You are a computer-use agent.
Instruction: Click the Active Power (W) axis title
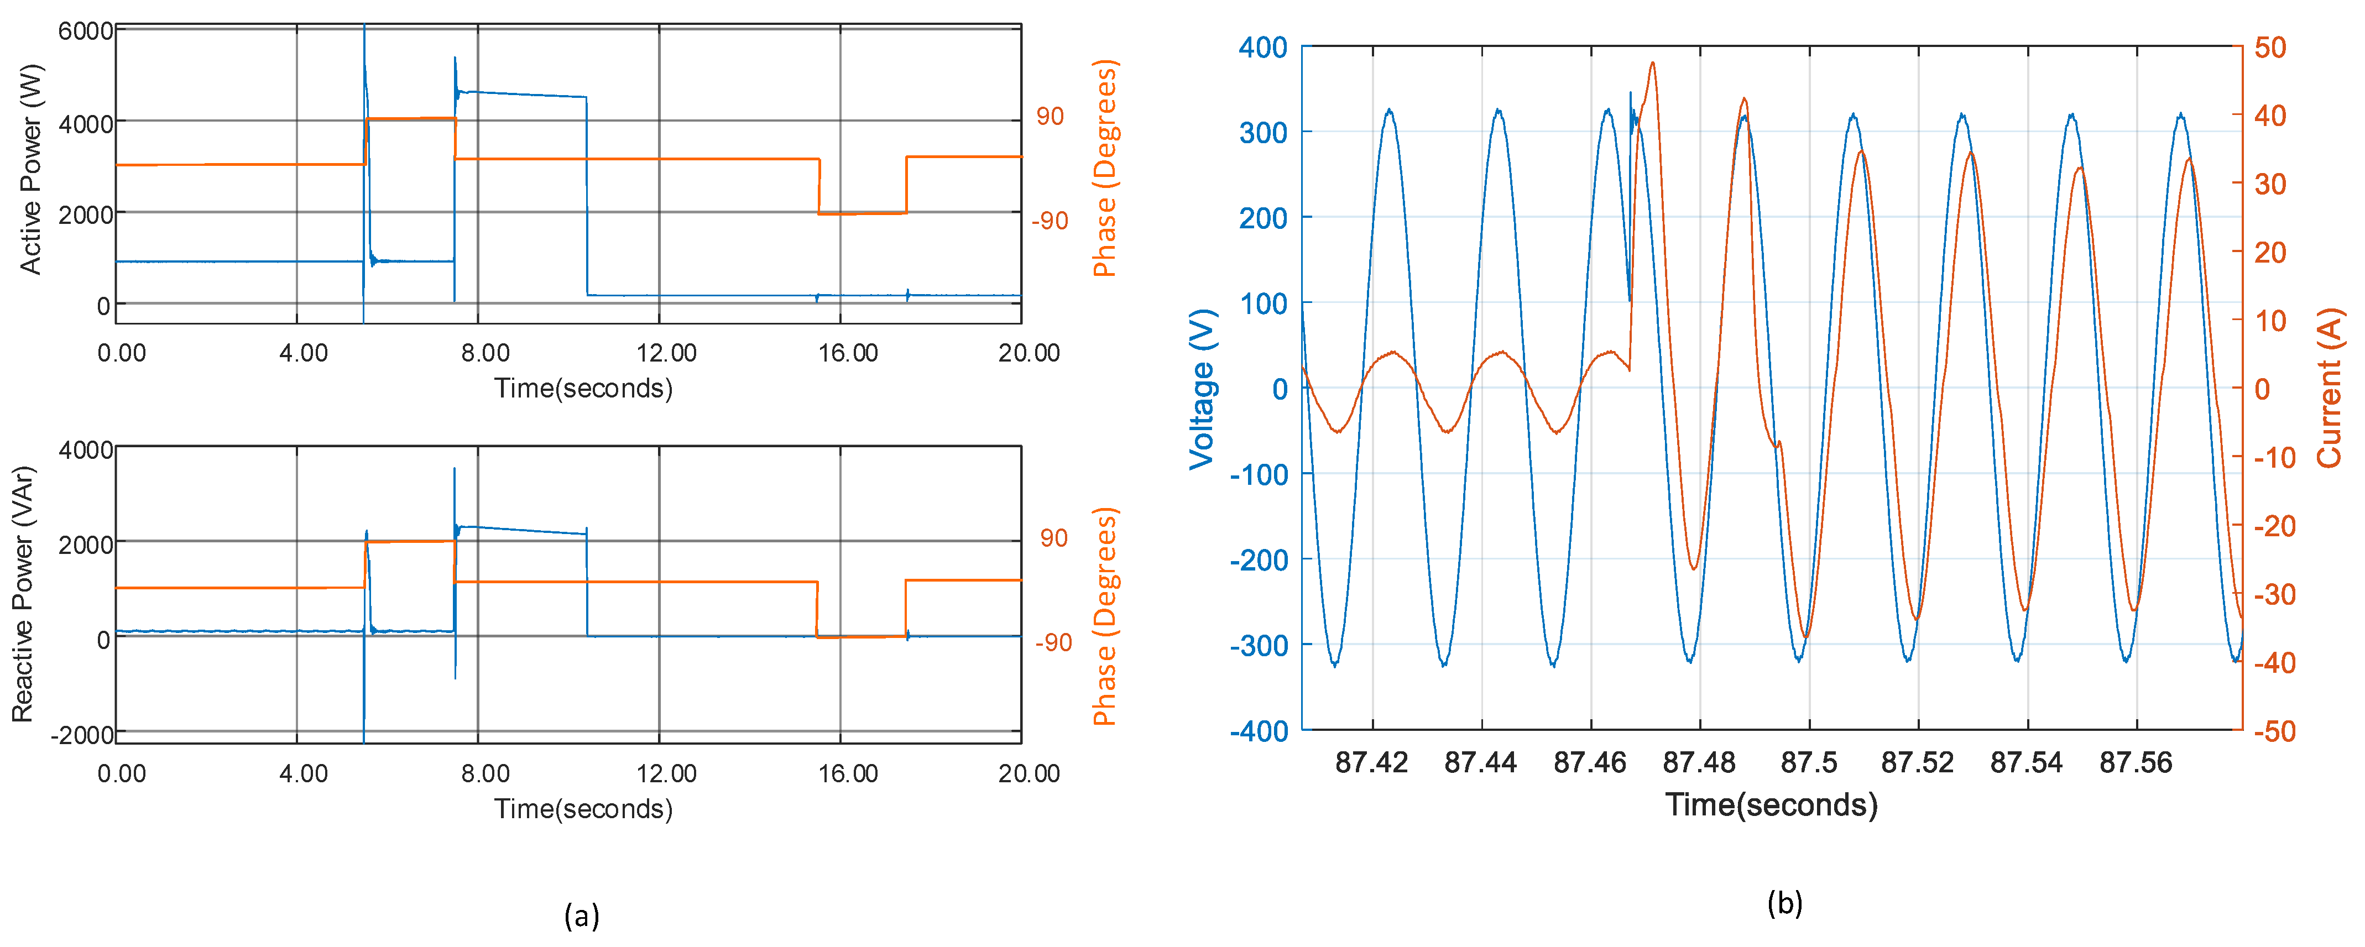pos(30,169)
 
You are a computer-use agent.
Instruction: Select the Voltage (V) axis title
pos(1202,389)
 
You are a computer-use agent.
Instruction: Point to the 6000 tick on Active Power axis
pos(85,31)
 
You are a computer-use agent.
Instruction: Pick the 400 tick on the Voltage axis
pos(1264,47)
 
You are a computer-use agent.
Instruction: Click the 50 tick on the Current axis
pos(2270,47)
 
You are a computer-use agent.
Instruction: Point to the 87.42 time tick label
pos(1372,762)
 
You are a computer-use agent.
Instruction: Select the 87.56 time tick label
pos(2137,762)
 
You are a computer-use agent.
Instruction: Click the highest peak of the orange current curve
pos(1653,62)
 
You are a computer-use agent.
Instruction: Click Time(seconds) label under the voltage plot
pos(1772,805)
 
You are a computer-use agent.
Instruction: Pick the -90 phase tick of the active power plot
pos(1050,221)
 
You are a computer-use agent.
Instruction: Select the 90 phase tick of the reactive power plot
pos(1054,538)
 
